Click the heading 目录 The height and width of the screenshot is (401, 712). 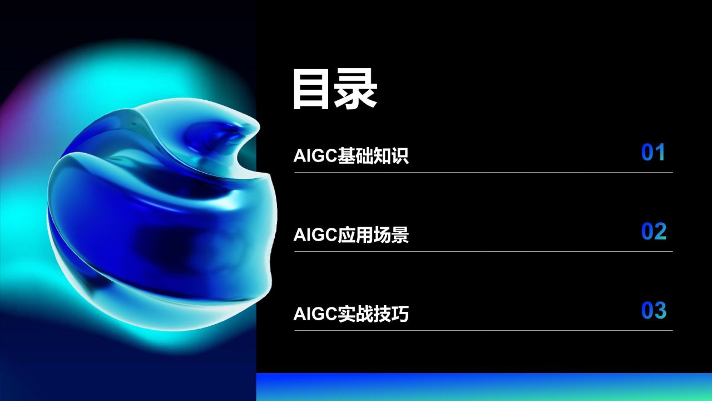pyautogui.click(x=335, y=90)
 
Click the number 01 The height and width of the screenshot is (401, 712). pyautogui.click(x=654, y=153)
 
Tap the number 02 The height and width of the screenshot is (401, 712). pyautogui.click(x=654, y=232)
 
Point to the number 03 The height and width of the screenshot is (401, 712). pyautogui.click(x=654, y=311)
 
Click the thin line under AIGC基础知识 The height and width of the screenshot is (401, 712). pyautogui.click(x=483, y=172)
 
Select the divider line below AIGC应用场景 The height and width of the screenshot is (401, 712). pyautogui.click(x=483, y=251)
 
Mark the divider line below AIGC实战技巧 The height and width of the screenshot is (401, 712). pyautogui.click(x=483, y=330)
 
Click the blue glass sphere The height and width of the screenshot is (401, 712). pyautogui.click(x=161, y=206)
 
